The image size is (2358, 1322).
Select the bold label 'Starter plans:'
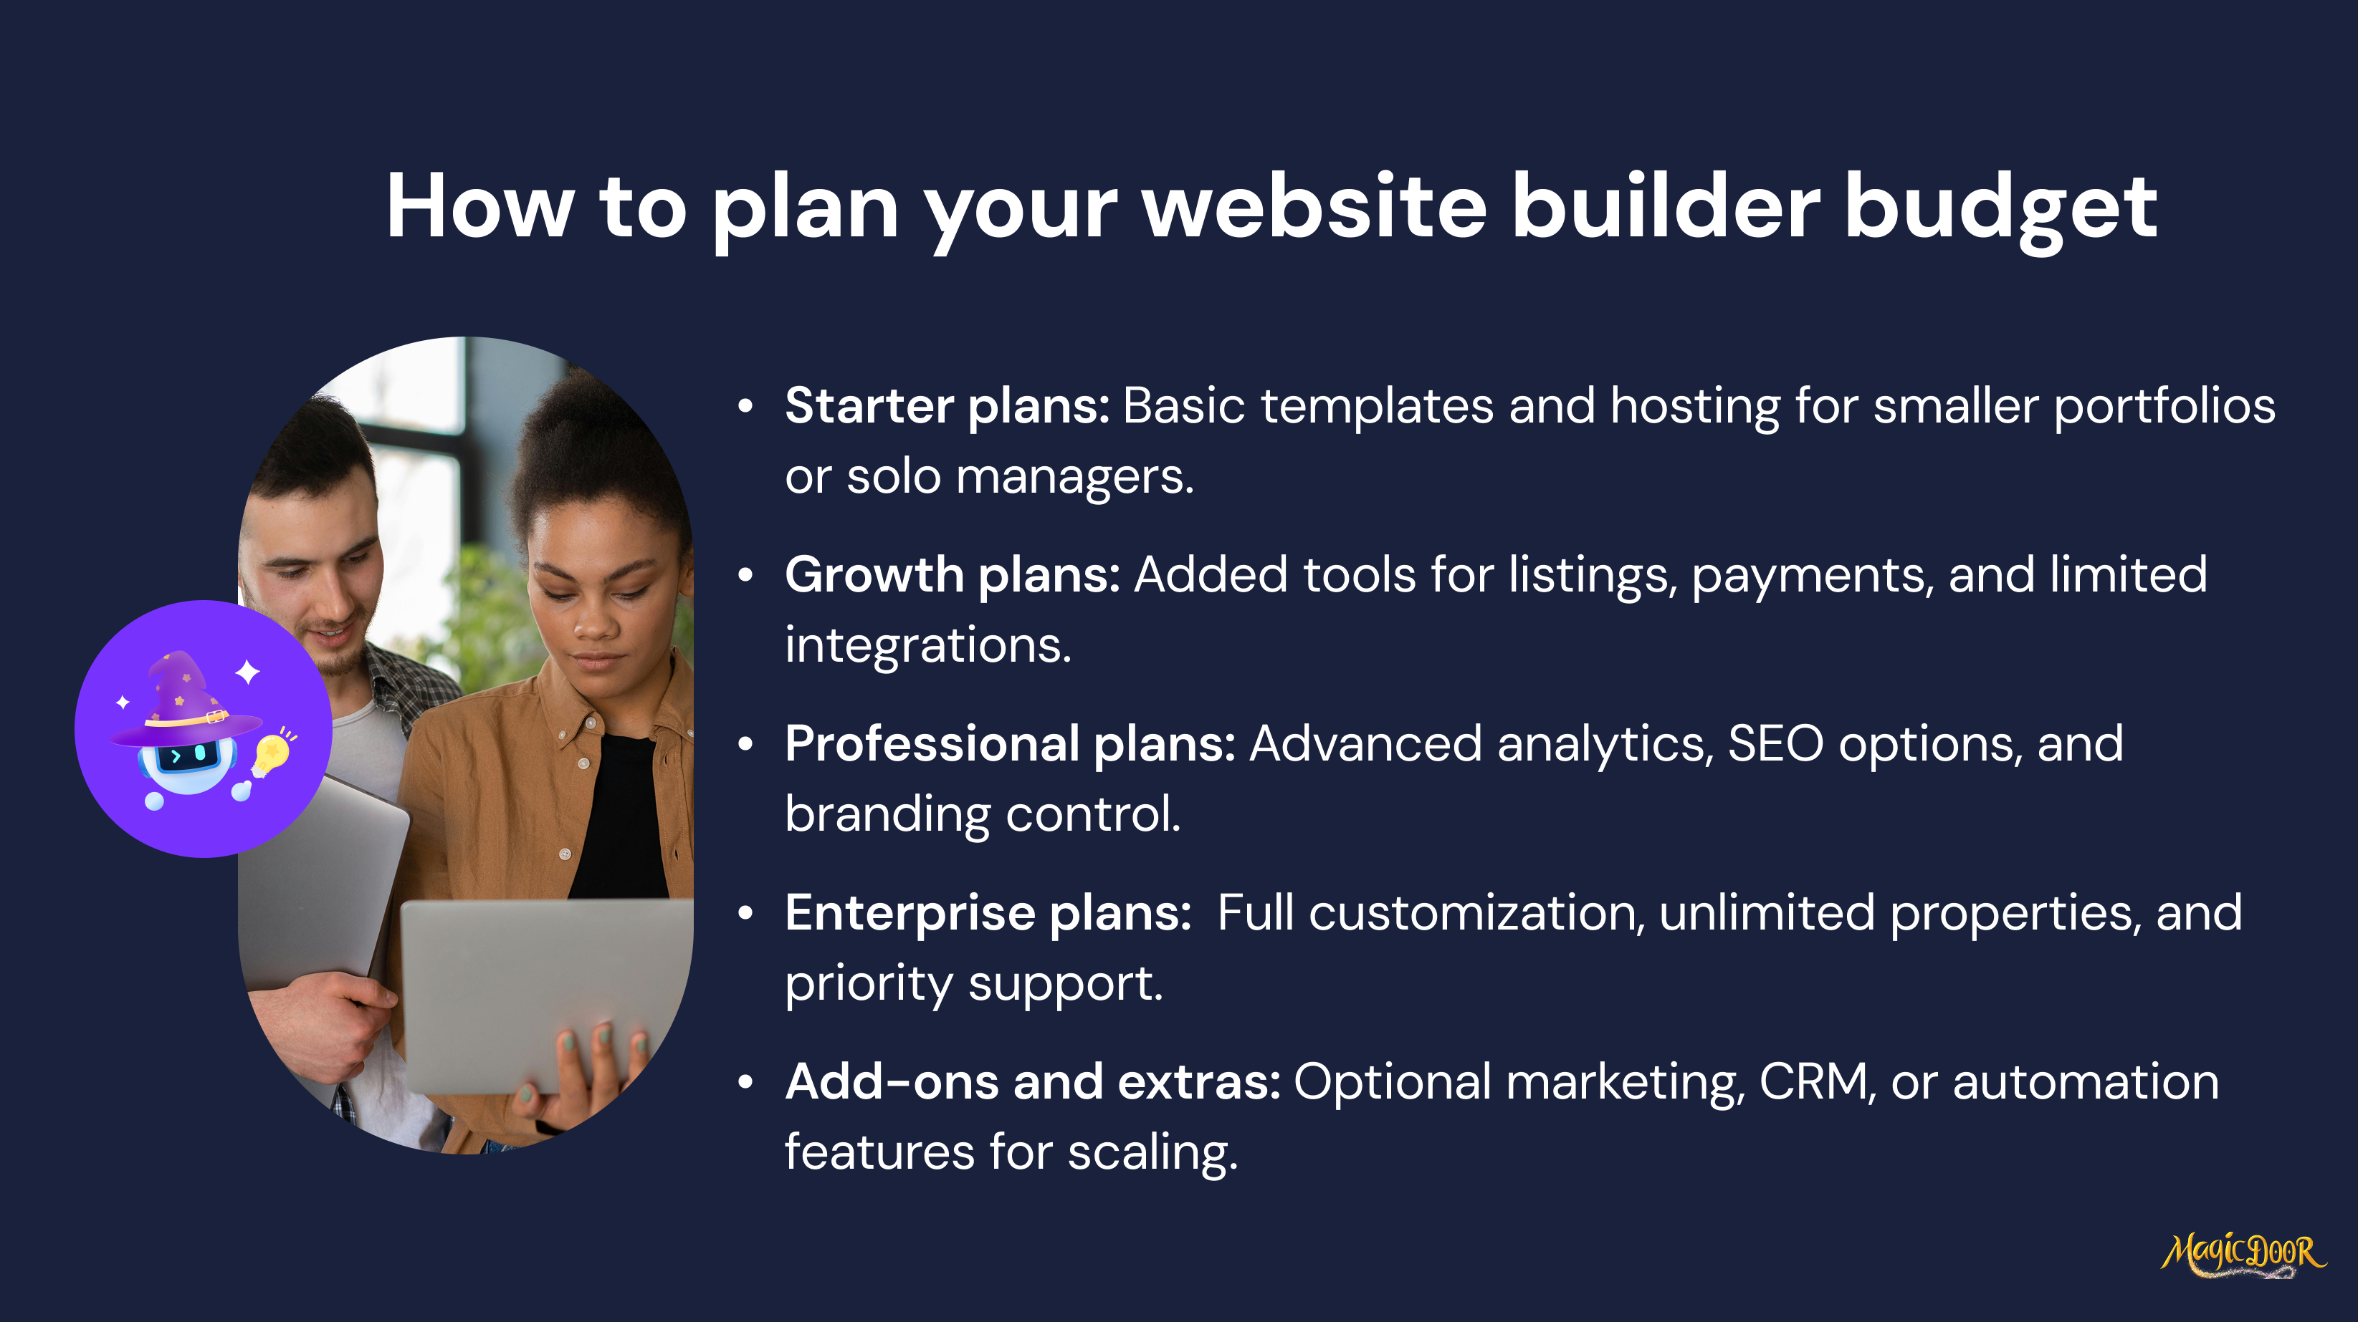[948, 406]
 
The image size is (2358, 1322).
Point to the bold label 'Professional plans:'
[1011, 744]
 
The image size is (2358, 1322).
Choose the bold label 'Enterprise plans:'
[988, 913]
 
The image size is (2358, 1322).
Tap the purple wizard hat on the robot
[186, 697]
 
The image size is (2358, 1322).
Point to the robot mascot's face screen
[188, 756]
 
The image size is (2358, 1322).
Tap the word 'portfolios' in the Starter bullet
[2165, 407]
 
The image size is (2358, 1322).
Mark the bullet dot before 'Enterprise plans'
[746, 913]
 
